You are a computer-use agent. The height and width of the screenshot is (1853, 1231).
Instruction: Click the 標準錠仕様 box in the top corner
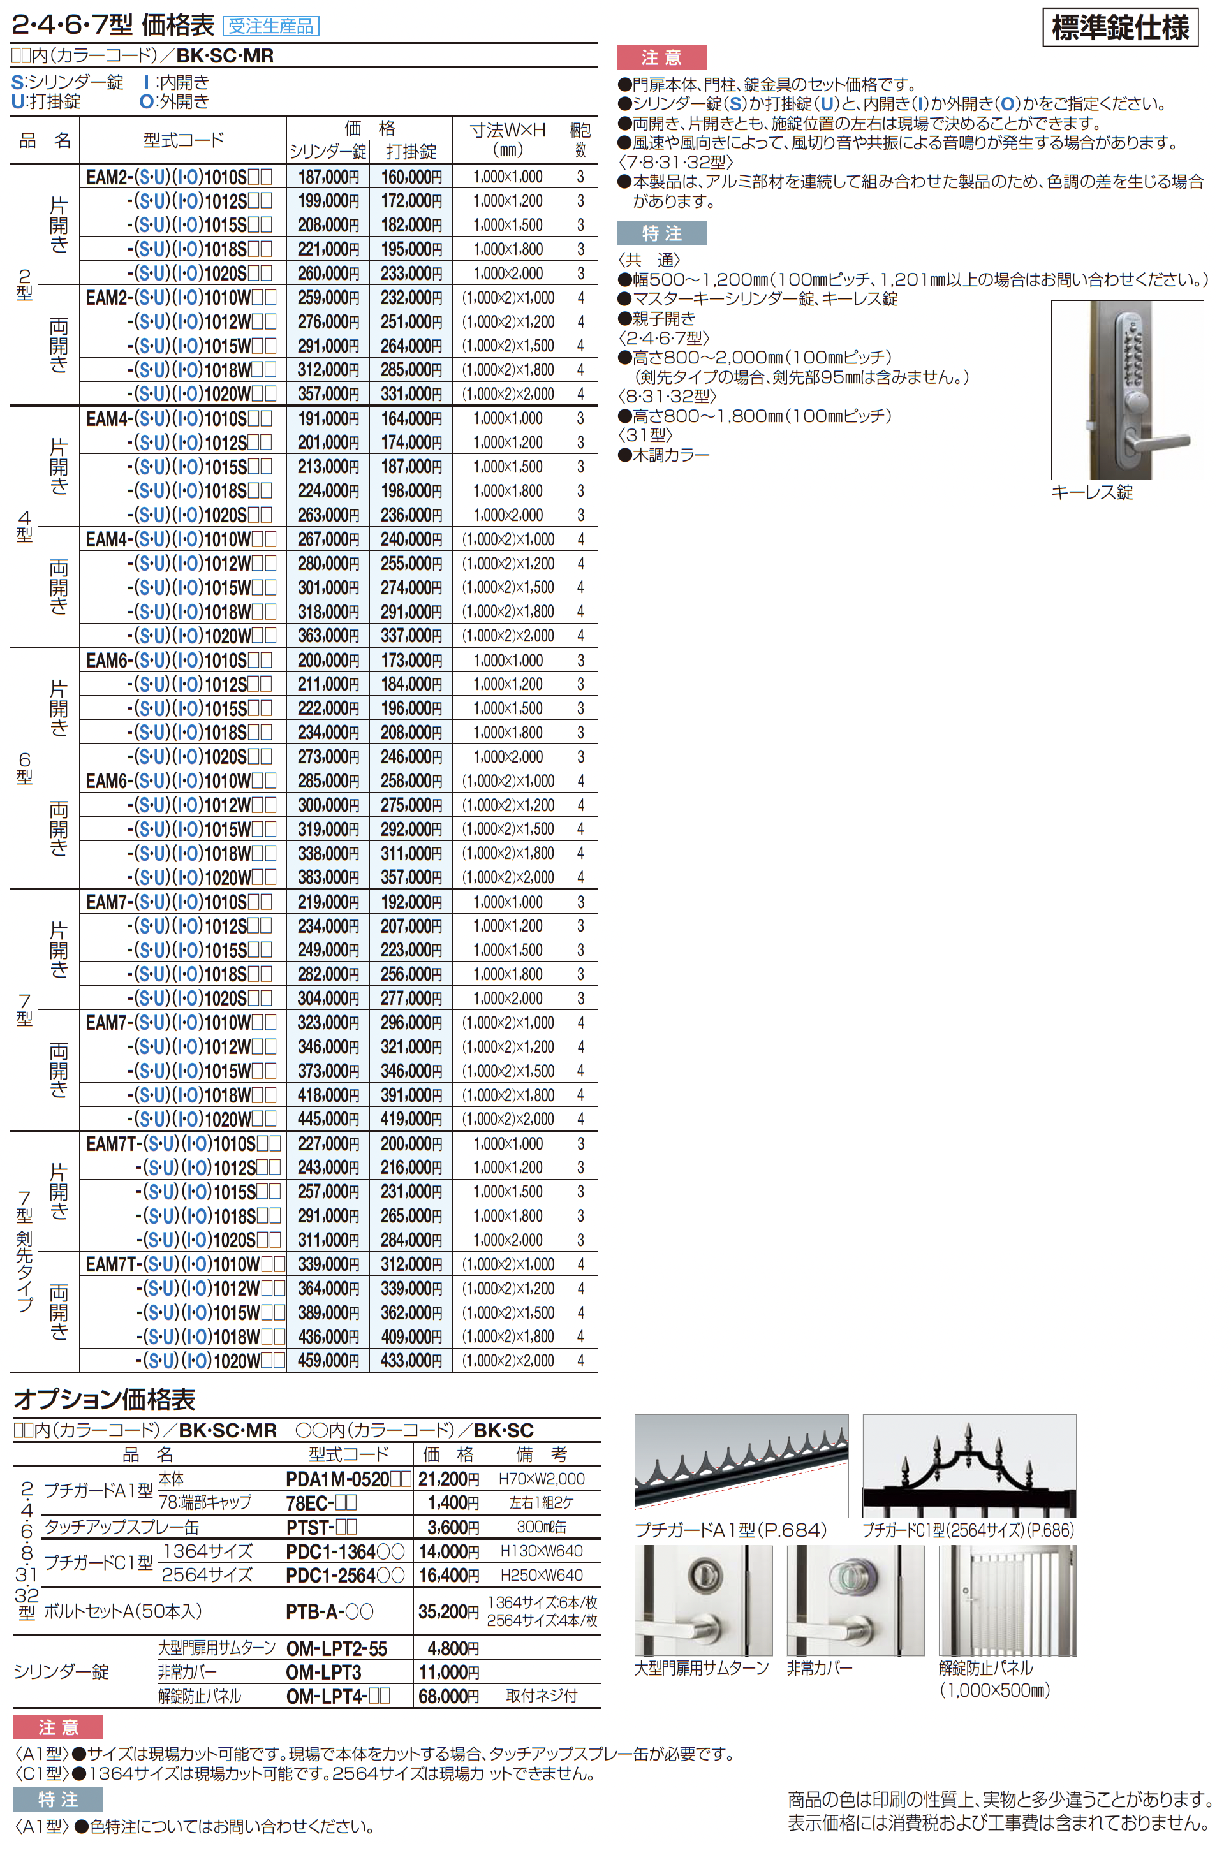1119,28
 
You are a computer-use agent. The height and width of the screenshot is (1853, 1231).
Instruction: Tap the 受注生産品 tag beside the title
271,26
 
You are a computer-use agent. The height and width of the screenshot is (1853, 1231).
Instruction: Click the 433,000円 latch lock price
411,1360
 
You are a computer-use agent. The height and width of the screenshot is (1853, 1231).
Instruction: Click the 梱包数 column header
580,140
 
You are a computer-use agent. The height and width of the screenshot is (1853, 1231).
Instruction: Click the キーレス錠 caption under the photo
1091,492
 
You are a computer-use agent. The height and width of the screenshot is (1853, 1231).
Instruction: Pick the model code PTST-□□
321,1527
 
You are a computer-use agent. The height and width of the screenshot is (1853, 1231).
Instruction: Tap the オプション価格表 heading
105,1400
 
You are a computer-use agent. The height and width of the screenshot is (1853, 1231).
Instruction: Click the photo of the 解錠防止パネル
1007,1600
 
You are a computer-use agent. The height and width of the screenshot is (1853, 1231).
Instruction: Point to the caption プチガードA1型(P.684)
730,1530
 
